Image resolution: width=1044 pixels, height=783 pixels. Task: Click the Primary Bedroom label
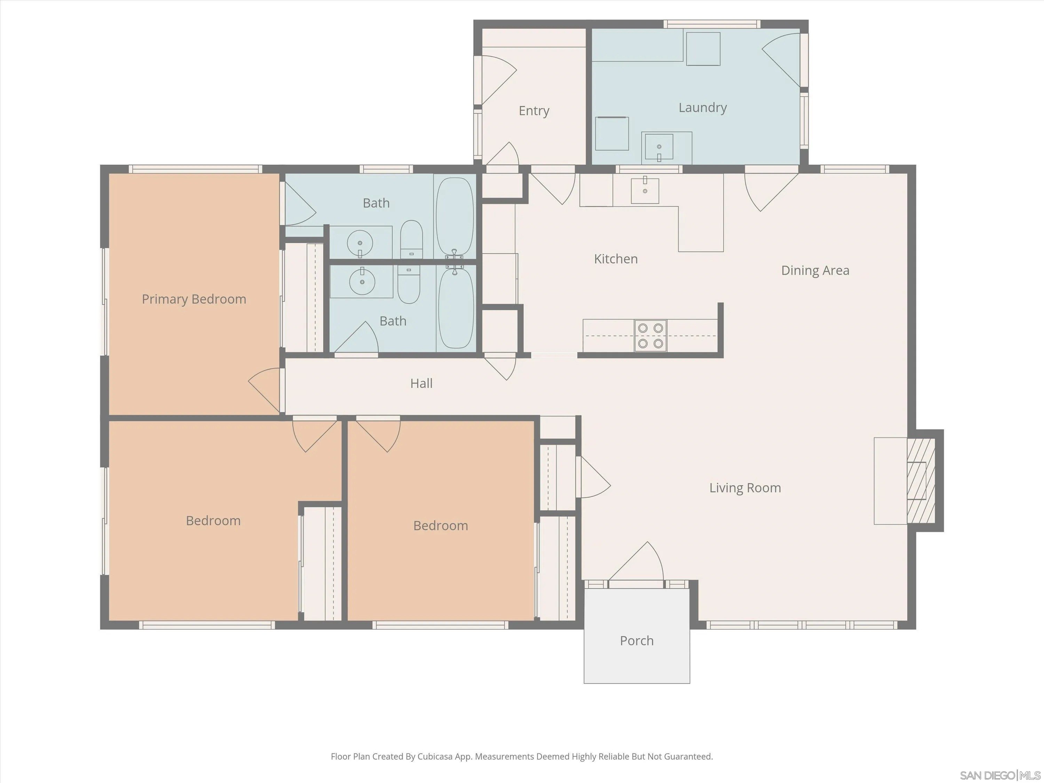194,299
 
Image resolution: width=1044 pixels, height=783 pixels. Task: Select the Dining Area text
815,270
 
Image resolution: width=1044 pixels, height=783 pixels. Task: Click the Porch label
637,641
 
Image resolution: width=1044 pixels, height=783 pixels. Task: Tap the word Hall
421,383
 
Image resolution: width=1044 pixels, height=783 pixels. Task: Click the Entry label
534,111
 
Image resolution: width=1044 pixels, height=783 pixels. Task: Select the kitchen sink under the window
645,190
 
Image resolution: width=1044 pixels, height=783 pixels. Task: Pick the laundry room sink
659,147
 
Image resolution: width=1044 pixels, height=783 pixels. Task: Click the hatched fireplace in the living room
921,481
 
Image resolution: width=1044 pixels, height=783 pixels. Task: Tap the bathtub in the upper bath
454,216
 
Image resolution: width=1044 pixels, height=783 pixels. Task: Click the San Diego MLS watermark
1000,775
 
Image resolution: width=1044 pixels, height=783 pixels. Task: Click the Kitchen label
616,259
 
